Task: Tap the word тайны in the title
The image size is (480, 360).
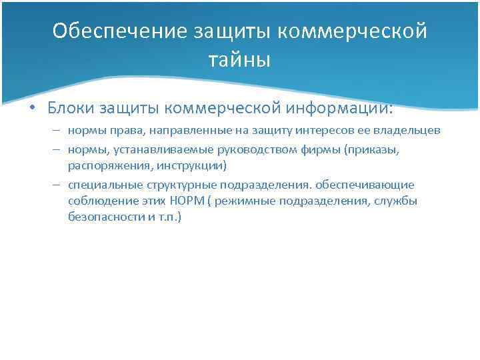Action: pyautogui.click(x=239, y=61)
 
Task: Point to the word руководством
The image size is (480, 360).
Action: pyautogui.click(x=253, y=150)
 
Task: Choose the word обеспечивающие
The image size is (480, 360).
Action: pyautogui.click(x=371, y=184)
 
